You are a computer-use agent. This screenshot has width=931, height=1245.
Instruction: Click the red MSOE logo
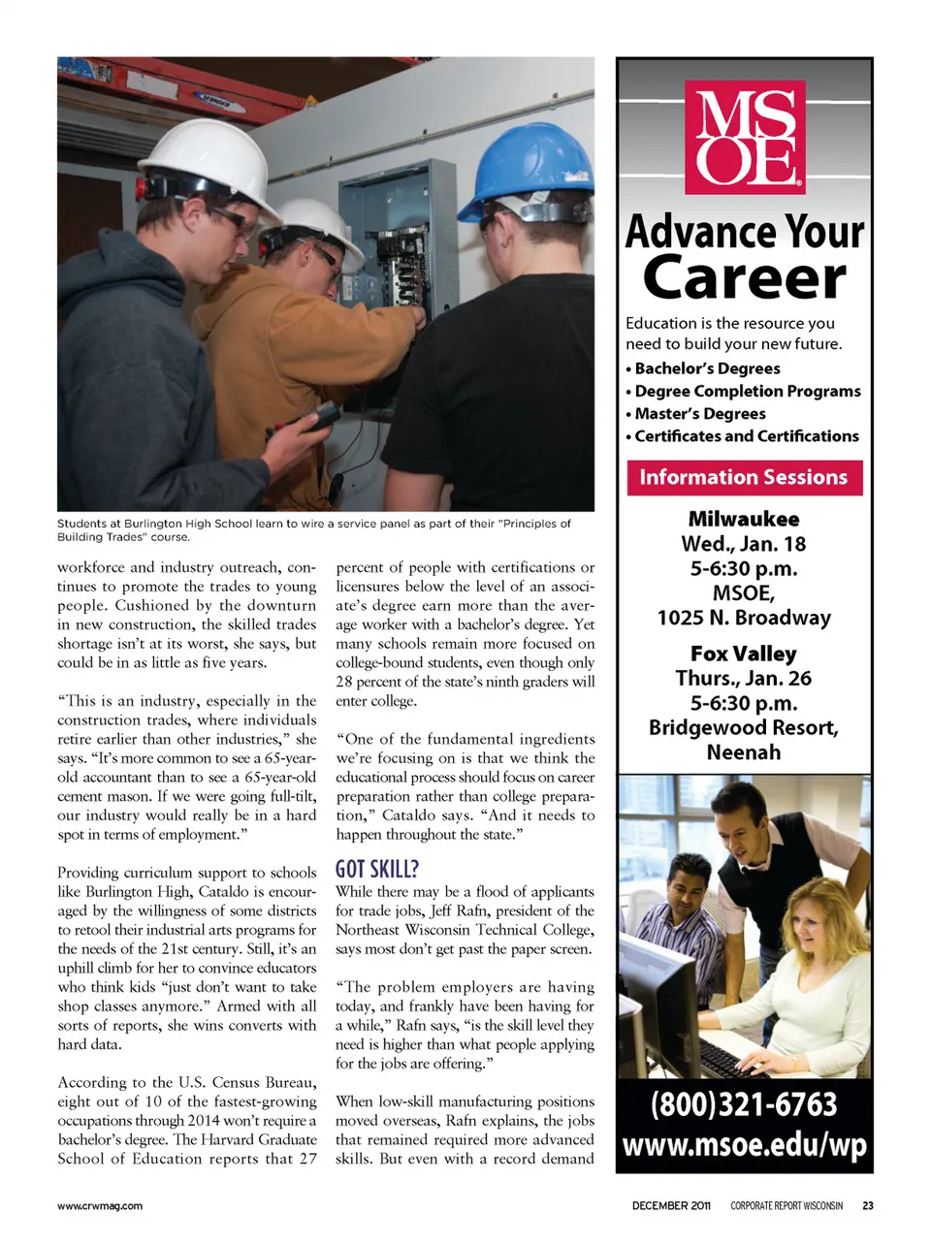coord(745,137)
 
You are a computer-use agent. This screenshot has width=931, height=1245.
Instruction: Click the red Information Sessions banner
coord(744,477)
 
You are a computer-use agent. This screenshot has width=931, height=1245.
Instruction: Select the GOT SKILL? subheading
coord(377,869)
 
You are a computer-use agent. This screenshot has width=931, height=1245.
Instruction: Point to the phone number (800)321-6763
coord(744,1104)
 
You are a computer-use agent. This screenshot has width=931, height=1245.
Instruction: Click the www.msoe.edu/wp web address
coord(744,1145)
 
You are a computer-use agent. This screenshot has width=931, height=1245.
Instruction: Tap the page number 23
coord(868,1206)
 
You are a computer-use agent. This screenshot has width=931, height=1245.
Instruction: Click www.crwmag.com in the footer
coord(100,1206)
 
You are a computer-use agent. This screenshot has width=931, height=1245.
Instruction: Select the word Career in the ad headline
coord(744,278)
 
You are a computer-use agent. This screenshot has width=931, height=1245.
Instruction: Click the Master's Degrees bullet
coord(699,414)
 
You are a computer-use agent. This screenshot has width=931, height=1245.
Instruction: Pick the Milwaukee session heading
coord(744,519)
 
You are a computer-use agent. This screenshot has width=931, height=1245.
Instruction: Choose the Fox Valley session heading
coord(744,654)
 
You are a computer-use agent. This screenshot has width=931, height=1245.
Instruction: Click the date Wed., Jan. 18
coord(744,544)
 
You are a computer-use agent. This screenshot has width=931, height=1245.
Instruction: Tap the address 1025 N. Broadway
coord(744,618)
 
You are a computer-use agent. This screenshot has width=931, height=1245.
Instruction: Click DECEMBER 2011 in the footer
coord(671,1206)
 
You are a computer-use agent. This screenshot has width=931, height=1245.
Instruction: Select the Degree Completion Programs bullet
coord(747,391)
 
